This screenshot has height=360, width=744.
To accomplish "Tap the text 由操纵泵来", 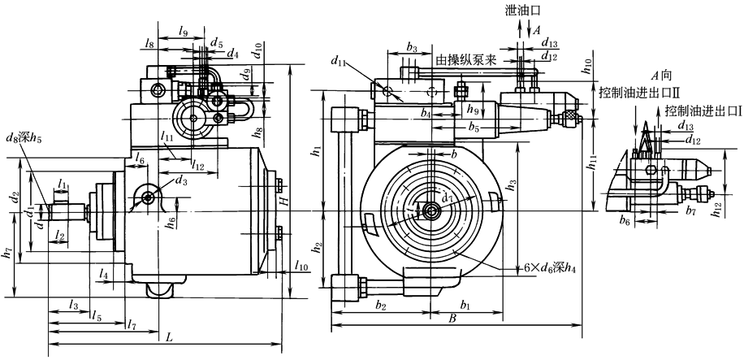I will point(466,61).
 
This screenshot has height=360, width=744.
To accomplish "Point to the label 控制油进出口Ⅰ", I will point(703,110).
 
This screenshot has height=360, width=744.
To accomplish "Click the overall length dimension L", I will point(168,336).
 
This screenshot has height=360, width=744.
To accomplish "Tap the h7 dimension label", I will point(6,254).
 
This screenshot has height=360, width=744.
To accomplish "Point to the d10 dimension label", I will point(257,50).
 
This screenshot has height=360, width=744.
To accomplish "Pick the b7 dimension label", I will point(690,211).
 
